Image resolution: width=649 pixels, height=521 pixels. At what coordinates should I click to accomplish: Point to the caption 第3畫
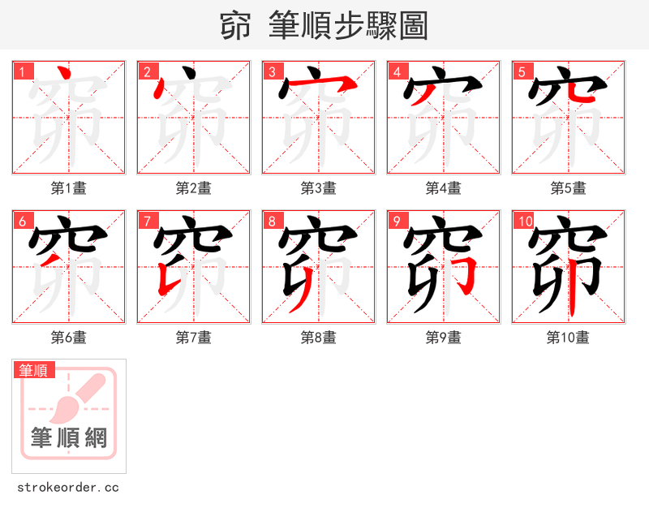click(318, 188)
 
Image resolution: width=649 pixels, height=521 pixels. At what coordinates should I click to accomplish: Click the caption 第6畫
click(68, 338)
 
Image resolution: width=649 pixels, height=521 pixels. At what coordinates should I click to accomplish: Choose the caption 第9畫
click(443, 338)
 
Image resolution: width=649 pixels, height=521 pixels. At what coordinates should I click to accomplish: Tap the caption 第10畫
click(568, 338)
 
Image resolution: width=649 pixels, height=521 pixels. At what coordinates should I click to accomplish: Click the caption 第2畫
click(193, 188)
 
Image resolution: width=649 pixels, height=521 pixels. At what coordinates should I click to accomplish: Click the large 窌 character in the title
click(235, 27)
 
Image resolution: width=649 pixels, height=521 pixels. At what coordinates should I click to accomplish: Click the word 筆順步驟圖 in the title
click(342, 27)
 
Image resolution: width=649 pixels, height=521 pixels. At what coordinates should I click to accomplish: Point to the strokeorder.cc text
click(68, 488)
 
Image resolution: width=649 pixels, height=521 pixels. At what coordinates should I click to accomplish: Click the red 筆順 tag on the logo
click(34, 370)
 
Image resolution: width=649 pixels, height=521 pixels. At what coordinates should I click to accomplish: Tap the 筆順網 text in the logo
click(69, 437)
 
